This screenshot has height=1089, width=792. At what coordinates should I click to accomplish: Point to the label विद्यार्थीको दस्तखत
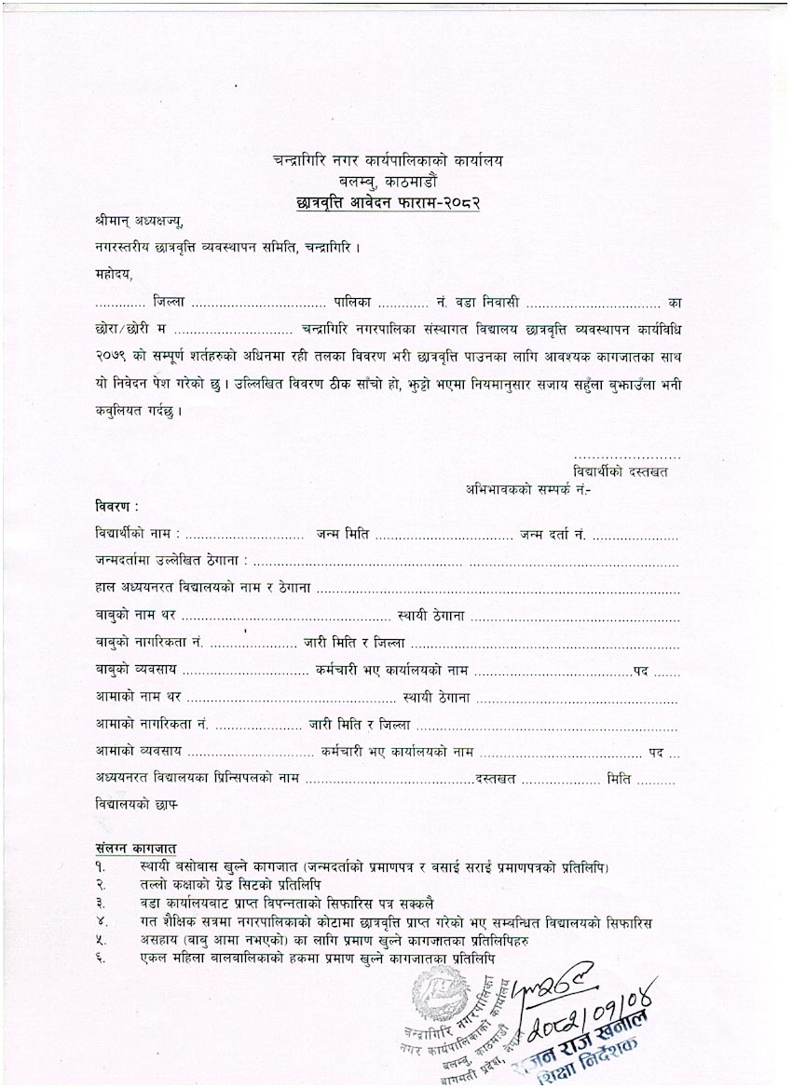621,472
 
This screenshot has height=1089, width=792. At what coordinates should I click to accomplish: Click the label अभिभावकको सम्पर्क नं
529,488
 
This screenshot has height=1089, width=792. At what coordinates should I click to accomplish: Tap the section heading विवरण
116,507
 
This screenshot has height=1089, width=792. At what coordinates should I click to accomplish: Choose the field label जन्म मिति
342,535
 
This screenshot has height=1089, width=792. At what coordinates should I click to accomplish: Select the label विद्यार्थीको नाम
137,535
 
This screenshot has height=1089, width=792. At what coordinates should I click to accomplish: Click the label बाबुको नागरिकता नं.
149,644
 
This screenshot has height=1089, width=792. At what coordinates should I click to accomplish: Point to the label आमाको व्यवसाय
138,751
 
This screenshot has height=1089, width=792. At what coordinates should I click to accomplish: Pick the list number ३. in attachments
101,903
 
